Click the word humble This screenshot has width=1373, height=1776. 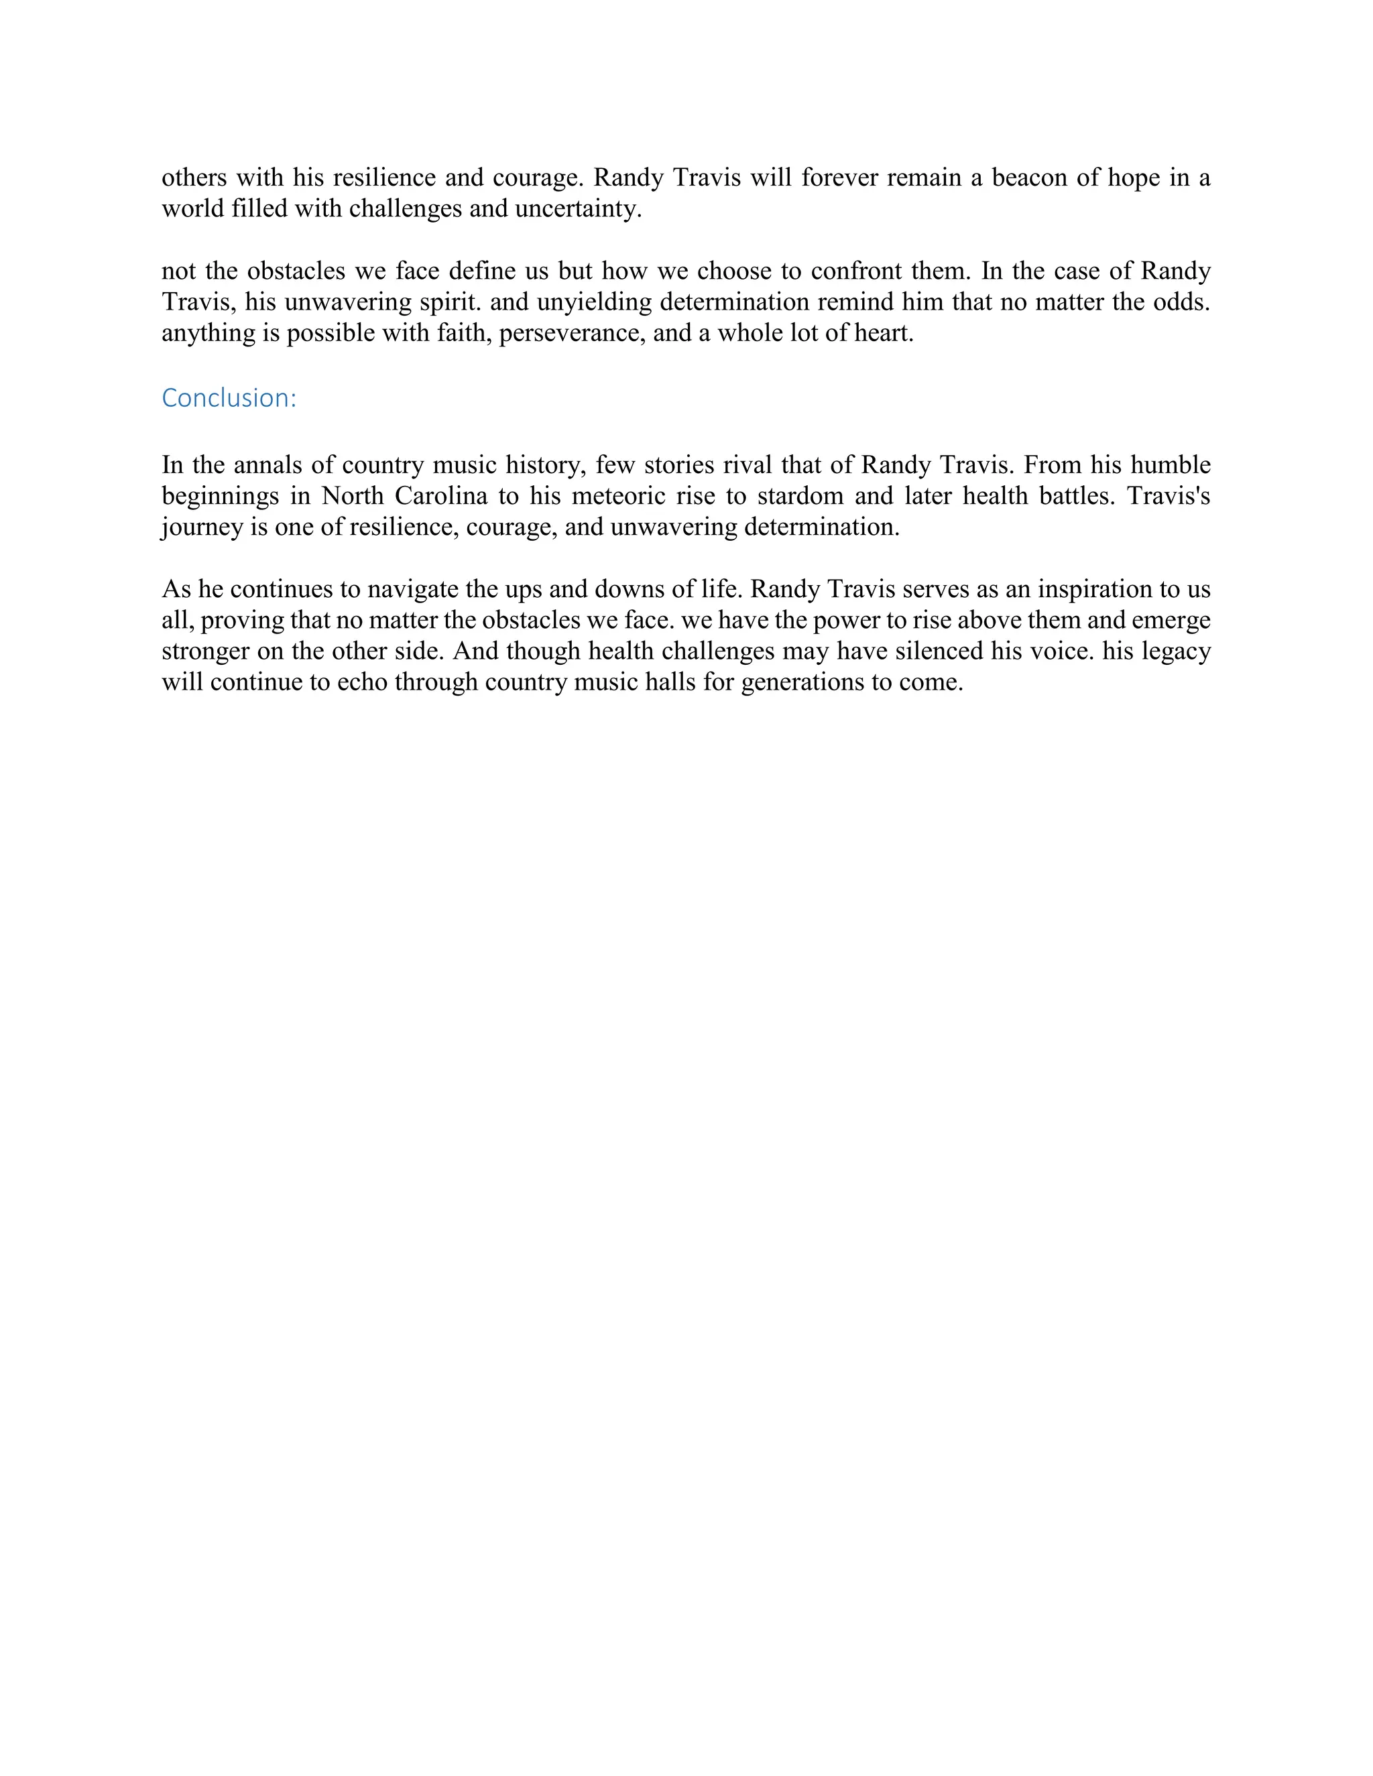(x=1171, y=465)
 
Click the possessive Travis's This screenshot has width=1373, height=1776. (x=1169, y=496)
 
